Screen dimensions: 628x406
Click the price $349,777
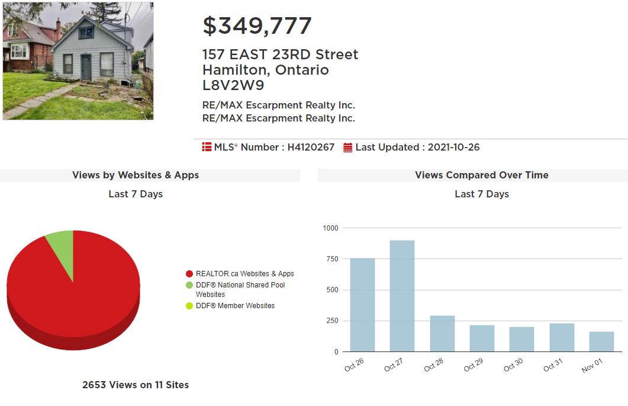[x=257, y=26]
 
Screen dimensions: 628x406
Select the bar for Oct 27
[x=402, y=296]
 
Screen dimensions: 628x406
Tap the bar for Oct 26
[x=362, y=305]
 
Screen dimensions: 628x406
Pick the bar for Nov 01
[x=601, y=342]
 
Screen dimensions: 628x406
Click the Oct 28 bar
[x=442, y=334]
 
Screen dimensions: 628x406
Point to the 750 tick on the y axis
[x=333, y=259]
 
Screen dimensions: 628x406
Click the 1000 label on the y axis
[x=330, y=228]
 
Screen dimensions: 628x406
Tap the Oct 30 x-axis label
[x=513, y=365]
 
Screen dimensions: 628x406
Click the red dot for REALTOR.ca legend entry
[x=189, y=274]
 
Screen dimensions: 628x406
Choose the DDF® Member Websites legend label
[x=235, y=306]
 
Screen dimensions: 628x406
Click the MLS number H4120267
[x=311, y=147]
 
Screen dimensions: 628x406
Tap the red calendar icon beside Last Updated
[x=347, y=148]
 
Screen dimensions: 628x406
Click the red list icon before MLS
[x=207, y=147]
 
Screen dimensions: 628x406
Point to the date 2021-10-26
[x=453, y=147]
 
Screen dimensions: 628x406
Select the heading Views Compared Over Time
[x=482, y=175]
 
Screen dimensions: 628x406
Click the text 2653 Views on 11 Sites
[x=136, y=385]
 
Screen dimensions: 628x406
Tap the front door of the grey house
[x=86, y=68]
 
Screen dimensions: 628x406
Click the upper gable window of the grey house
[x=86, y=33]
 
